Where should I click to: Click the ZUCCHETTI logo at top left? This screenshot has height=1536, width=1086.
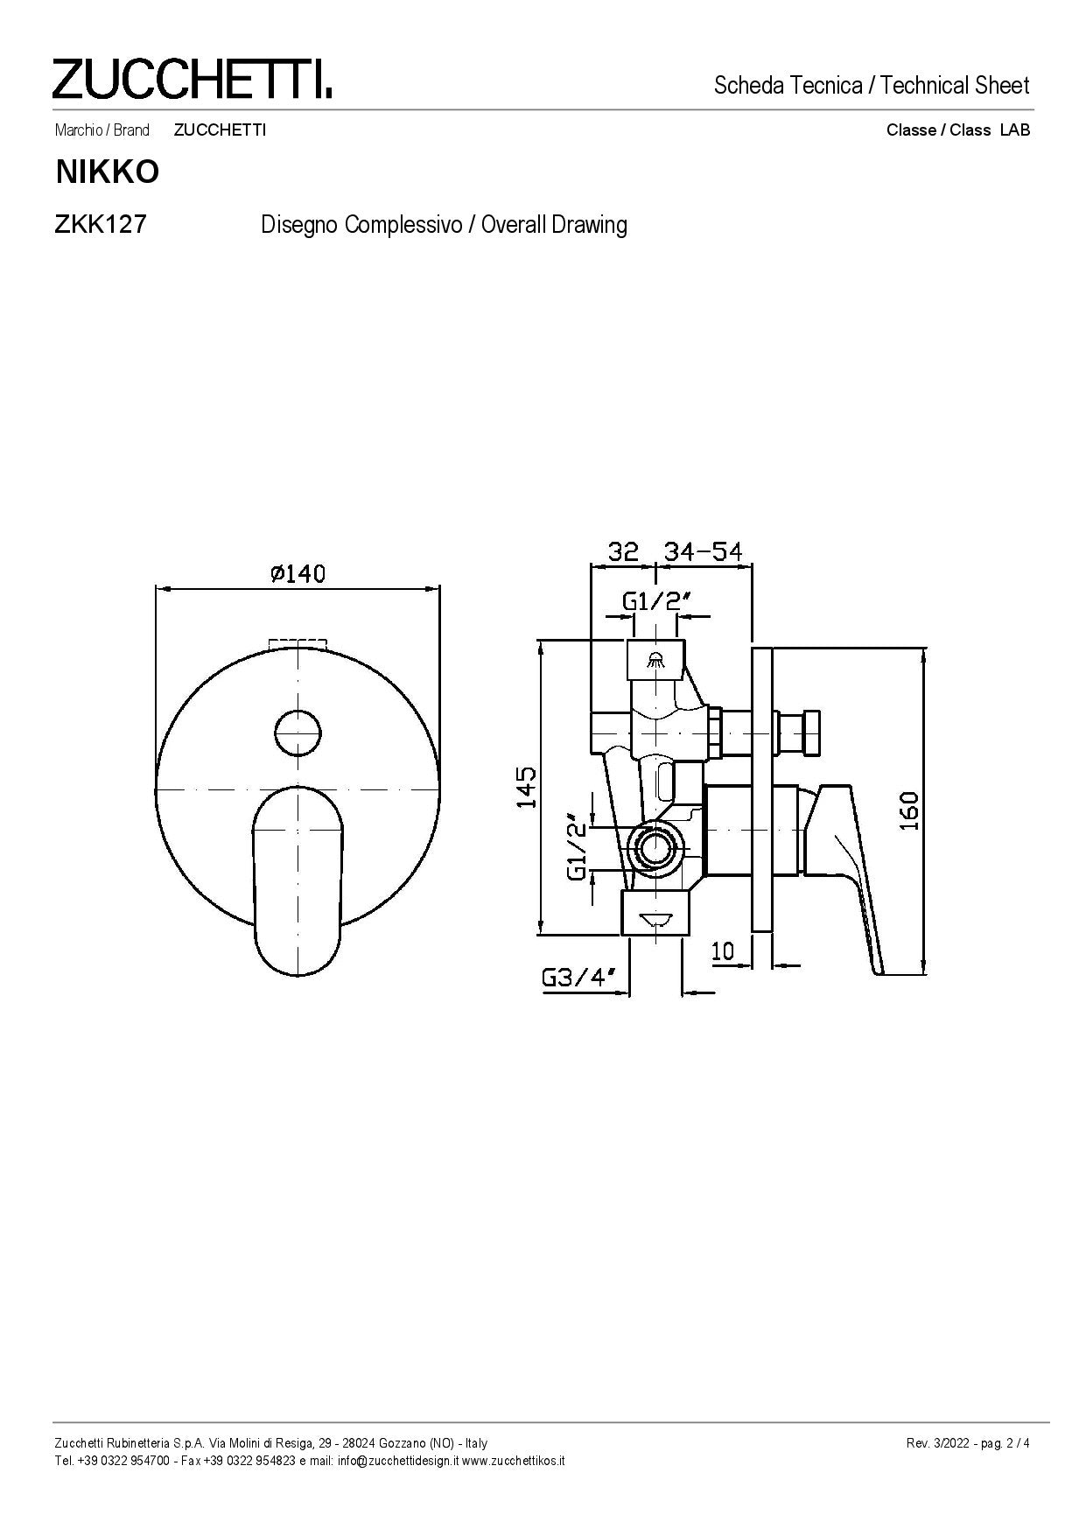pos(192,79)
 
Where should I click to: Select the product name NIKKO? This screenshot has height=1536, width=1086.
pos(108,172)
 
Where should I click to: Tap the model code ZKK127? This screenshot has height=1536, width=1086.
pos(100,224)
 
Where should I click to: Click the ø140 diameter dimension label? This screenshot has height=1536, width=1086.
pos(298,573)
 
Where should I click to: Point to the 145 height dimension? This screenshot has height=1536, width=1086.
pos(526,787)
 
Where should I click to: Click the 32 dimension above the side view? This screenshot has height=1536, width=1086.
pos(624,551)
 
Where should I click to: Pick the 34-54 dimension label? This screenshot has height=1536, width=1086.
pos(703,551)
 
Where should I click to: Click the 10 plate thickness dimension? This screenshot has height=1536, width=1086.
pos(723,950)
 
